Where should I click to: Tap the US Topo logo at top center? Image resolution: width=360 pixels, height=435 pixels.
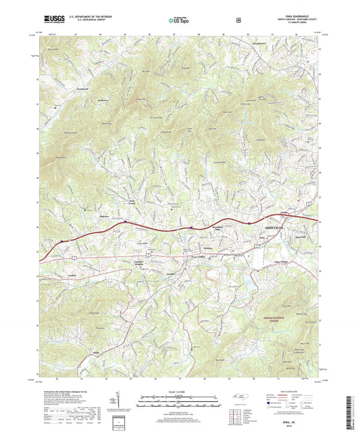(180, 20)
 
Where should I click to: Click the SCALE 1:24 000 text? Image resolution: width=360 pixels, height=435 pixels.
(179, 390)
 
